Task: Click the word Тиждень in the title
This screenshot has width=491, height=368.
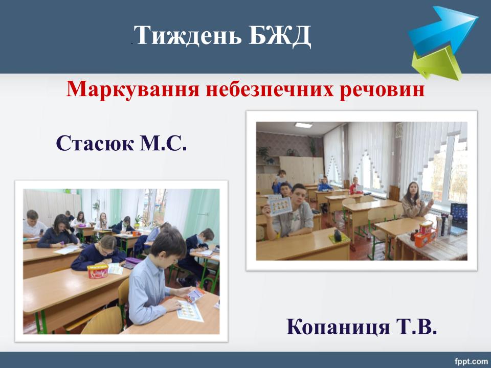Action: click(x=189, y=35)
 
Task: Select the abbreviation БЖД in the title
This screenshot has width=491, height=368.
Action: click(x=280, y=35)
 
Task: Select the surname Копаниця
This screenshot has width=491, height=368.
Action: click(x=338, y=327)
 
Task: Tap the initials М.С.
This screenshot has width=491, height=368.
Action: click(x=163, y=143)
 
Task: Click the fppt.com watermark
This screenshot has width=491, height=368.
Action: click(x=471, y=362)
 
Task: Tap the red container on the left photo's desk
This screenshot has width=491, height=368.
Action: click(x=98, y=271)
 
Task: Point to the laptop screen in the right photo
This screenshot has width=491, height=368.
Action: click(x=459, y=212)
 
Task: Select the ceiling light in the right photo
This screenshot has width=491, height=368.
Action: click(x=303, y=125)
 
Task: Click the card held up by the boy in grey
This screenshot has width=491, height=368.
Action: click(x=280, y=205)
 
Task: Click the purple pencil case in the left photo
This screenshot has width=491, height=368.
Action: click(x=133, y=261)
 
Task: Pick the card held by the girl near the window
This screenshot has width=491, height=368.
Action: click(x=426, y=196)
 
